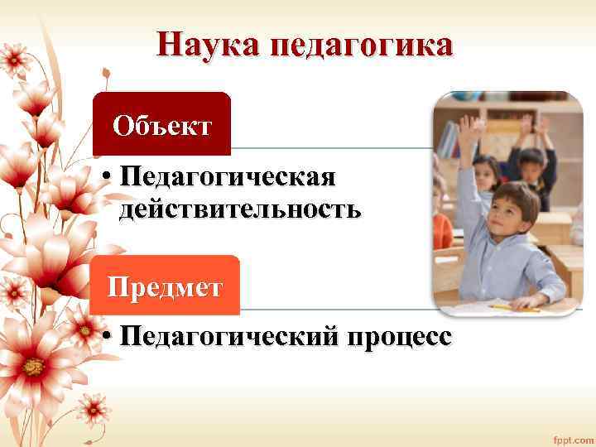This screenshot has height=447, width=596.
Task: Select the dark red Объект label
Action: click(x=162, y=126)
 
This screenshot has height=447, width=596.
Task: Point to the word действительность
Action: click(x=240, y=209)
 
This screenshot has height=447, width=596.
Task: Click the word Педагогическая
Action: click(x=228, y=176)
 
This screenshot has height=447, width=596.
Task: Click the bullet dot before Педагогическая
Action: click(x=108, y=176)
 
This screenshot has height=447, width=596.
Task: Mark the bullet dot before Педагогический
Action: click(x=108, y=337)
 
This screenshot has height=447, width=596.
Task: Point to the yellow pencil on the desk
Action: click(x=513, y=307)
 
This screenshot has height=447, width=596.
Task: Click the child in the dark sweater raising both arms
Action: click(x=531, y=157)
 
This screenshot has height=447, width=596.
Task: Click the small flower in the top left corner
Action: click(x=14, y=58)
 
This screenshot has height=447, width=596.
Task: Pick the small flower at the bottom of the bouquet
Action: click(x=93, y=410)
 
